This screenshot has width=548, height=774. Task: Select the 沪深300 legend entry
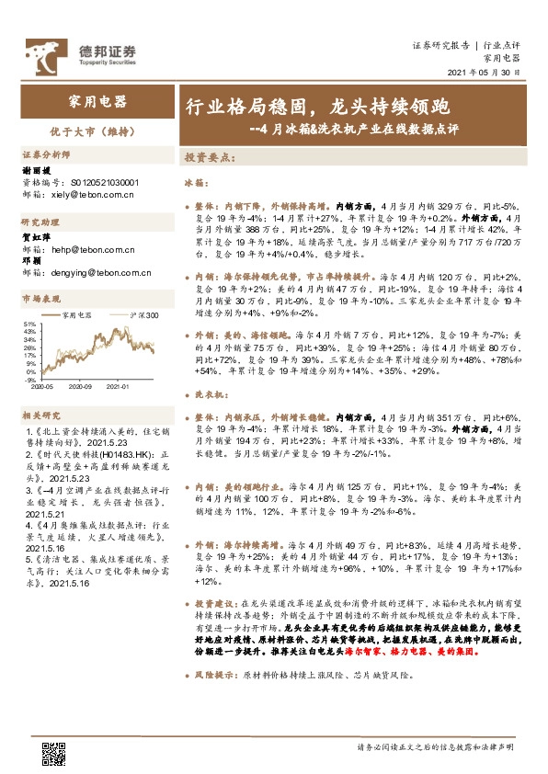(x=145, y=314)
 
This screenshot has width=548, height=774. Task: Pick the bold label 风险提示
(x=213, y=648)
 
